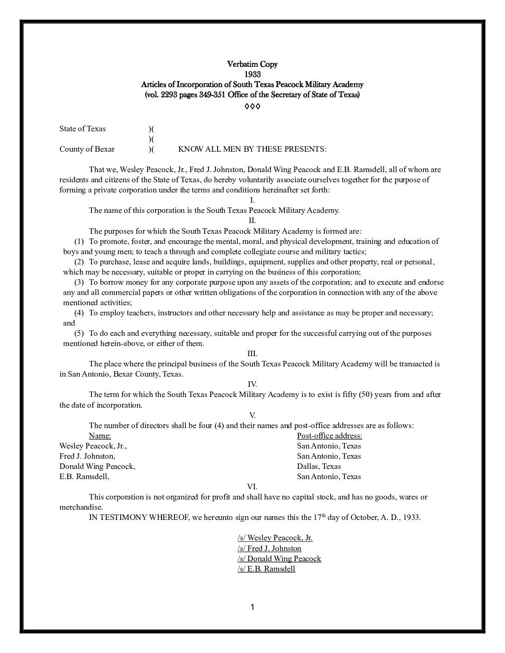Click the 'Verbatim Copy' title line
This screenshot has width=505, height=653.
pos(252,64)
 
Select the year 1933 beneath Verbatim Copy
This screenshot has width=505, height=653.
pos(252,74)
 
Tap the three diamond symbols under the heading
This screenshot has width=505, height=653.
pos(252,107)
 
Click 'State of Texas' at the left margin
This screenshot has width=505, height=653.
pos(82,128)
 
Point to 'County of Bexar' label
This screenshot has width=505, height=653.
pos(87,149)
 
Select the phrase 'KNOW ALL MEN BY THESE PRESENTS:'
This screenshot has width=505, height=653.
pos(252,149)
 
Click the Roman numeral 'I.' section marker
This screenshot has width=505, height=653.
pos(252,200)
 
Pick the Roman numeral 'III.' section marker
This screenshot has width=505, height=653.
pos(252,353)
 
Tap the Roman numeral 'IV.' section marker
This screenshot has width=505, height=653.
pos(252,384)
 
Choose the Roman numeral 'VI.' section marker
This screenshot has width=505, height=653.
pos(252,487)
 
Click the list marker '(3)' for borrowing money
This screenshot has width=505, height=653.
pos(79,282)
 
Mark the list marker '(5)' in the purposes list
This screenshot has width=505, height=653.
pos(79,333)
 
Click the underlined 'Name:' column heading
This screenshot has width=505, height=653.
pos(100,435)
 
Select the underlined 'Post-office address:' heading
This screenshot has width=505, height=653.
pos(329,435)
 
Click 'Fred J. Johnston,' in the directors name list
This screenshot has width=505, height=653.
pos(87,456)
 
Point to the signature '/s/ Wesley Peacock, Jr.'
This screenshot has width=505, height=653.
pos(275,538)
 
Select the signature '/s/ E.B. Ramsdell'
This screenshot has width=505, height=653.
pos(266,569)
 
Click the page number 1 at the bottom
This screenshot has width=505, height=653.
pos(252,607)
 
